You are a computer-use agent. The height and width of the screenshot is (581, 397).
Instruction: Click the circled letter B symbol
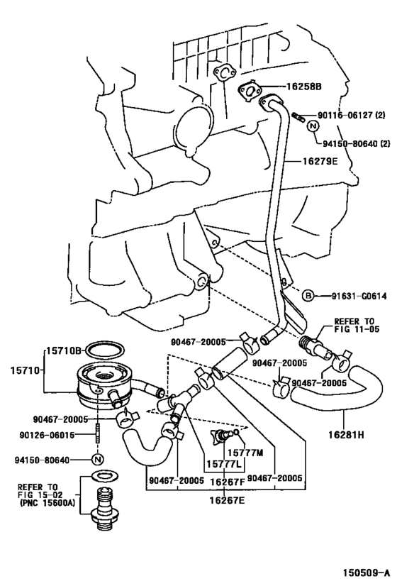309,294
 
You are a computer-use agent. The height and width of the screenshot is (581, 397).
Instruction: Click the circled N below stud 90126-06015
99,459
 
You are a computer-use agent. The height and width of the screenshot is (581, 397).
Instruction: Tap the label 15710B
65,350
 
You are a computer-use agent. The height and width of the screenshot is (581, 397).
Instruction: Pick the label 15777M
245,453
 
